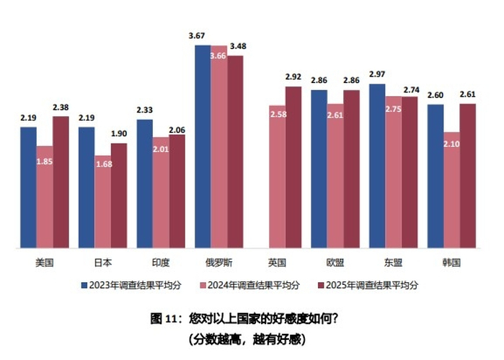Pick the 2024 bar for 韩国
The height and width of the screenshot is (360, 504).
(x=451, y=190)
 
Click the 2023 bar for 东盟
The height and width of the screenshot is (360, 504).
(x=376, y=166)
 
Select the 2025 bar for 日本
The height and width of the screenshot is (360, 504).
(x=119, y=196)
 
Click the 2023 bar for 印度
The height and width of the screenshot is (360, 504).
(x=144, y=184)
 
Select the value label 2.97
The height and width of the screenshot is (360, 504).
(x=376, y=75)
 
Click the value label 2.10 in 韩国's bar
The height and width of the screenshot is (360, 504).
(x=451, y=144)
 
